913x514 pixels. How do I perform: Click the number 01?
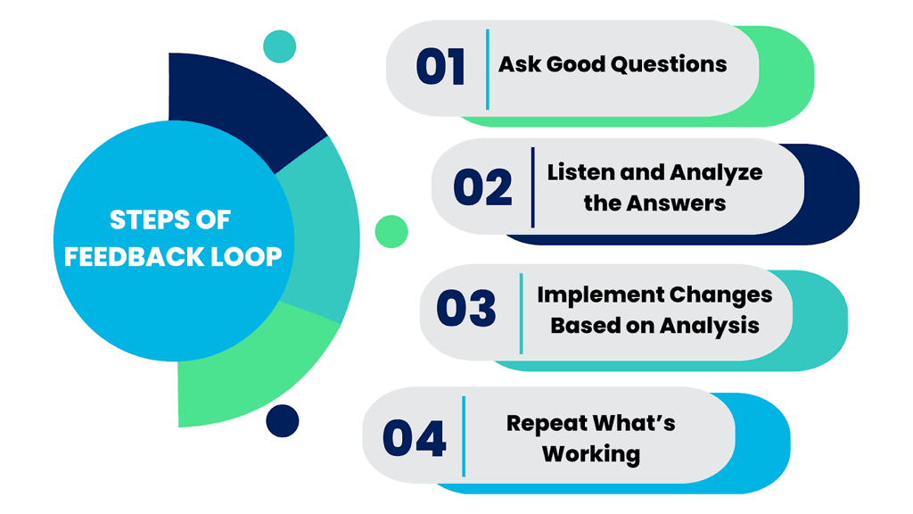point(440,68)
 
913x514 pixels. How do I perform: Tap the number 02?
point(482,187)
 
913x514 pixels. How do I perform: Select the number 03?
point(465,308)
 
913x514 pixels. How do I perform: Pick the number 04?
point(414,438)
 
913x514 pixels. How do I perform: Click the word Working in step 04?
point(591,454)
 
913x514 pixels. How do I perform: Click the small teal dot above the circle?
point(280,46)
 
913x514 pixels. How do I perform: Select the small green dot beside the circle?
point(391,231)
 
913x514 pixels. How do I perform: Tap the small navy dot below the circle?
point(282,420)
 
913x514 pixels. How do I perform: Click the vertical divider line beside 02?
point(532,187)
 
